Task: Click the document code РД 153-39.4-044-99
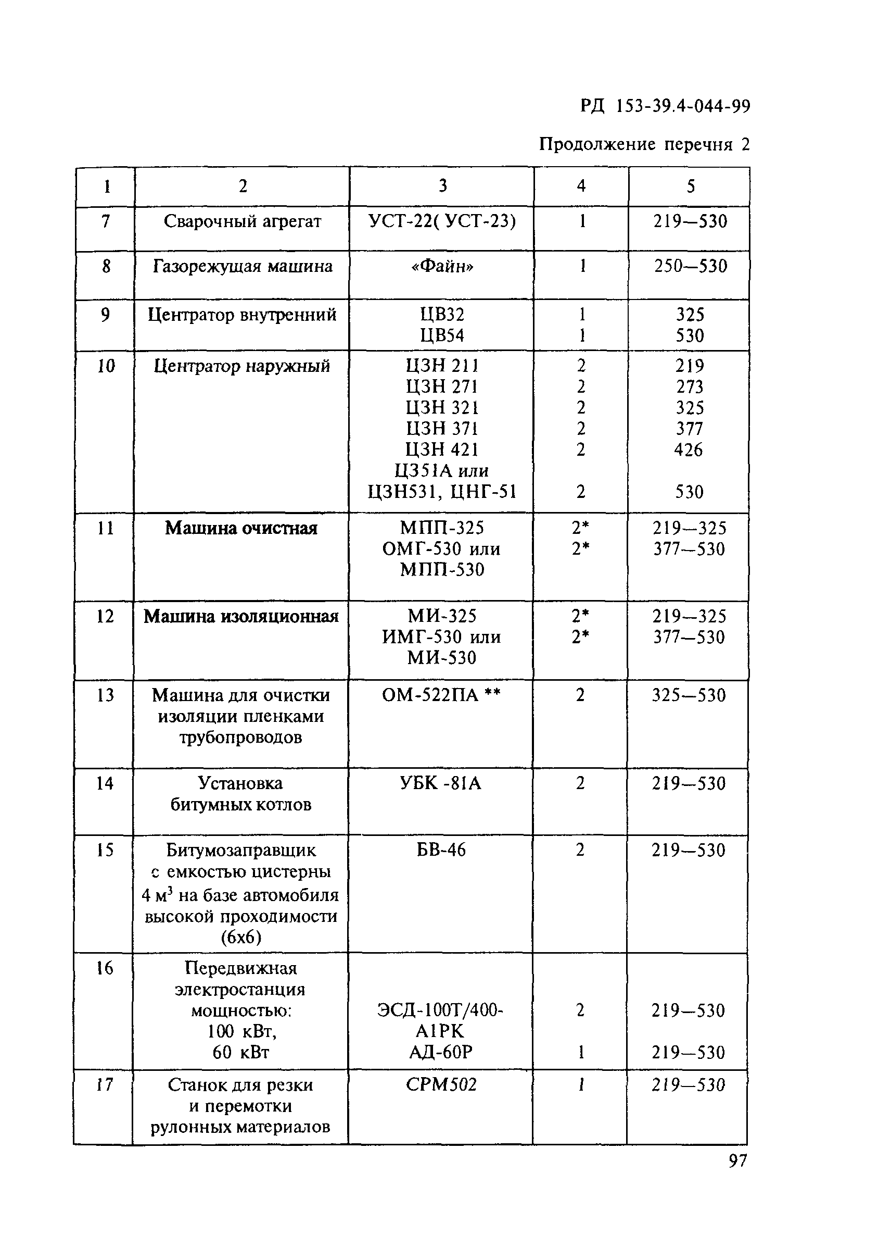click(x=665, y=106)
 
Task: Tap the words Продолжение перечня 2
click(x=644, y=144)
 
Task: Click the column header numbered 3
click(x=442, y=186)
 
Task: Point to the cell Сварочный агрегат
click(x=242, y=221)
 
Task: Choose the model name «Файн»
click(x=442, y=266)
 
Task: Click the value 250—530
click(x=690, y=266)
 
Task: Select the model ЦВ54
click(x=442, y=335)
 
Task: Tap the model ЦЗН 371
click(x=442, y=429)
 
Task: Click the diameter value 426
click(x=689, y=450)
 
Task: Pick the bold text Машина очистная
click(x=241, y=528)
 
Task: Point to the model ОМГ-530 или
click(x=441, y=549)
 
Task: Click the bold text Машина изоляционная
click(x=241, y=617)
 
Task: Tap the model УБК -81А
click(x=441, y=783)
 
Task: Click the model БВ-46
click(x=441, y=851)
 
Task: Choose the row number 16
click(x=104, y=968)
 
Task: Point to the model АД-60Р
click(x=441, y=1053)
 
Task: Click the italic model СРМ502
click(x=441, y=1085)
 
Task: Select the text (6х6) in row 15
click(x=241, y=937)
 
